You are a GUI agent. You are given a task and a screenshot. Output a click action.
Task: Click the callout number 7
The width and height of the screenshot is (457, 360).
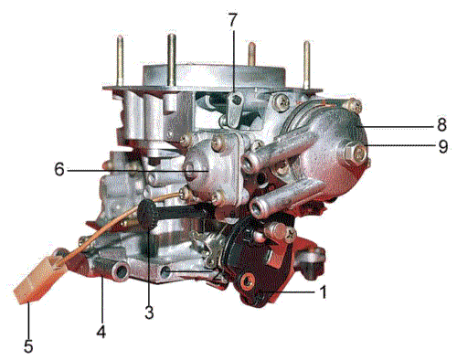pos(232,20)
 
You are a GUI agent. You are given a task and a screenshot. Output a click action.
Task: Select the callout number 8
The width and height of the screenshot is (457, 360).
pos(441,124)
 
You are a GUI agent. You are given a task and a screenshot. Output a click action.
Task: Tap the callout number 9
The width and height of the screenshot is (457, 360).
pos(443,146)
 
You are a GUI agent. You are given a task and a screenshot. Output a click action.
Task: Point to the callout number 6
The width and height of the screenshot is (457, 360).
pos(59,169)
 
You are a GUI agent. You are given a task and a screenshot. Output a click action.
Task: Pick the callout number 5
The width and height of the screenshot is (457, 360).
pos(28,345)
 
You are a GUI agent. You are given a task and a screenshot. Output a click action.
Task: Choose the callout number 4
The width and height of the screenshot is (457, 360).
pos(101,332)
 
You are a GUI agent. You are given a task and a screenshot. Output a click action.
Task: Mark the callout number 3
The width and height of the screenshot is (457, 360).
pos(149,312)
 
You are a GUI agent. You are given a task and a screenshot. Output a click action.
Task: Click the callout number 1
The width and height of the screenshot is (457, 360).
pos(324,292)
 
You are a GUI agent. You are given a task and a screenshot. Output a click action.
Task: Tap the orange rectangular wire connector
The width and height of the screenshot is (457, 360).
pos(39,280)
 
